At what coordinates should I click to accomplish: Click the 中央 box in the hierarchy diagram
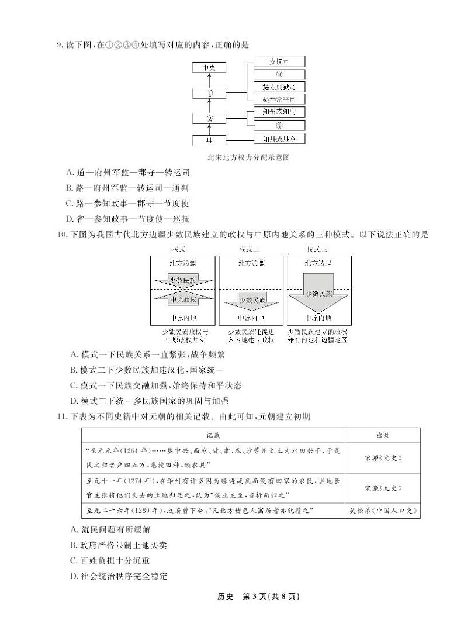[209, 68]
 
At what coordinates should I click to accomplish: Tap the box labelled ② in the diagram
[209, 119]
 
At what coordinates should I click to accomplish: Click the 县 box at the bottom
[209, 140]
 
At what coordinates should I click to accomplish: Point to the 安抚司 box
[279, 61]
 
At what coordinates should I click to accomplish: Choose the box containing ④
[279, 74]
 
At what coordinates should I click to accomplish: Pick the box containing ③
[279, 125]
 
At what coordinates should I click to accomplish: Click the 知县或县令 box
[279, 139]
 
